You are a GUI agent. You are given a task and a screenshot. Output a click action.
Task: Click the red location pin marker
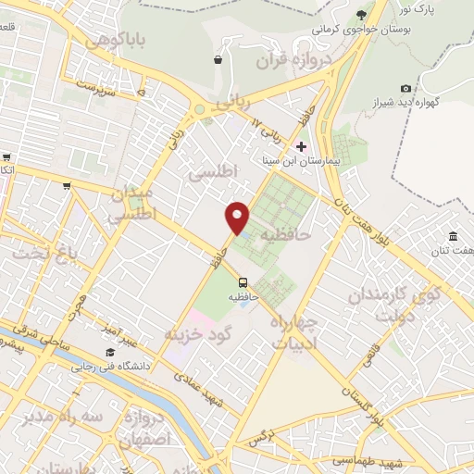pyautogui.click(x=238, y=218)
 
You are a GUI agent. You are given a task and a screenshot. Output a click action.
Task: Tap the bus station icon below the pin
pyautogui.click(x=243, y=282)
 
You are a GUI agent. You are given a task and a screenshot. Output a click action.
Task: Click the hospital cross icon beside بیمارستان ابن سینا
pyautogui.click(x=301, y=146)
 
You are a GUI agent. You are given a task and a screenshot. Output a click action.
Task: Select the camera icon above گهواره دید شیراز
pyautogui.click(x=405, y=88)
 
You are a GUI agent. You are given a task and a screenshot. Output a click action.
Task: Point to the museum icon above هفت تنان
pyautogui.click(x=452, y=236)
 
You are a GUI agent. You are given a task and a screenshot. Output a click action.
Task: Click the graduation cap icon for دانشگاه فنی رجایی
pyautogui.click(x=110, y=352)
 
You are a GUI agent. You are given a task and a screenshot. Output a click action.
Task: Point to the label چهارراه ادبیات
pyautogui.click(x=294, y=331)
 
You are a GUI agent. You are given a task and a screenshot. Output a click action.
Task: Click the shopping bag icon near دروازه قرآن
pyautogui.click(x=217, y=60)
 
